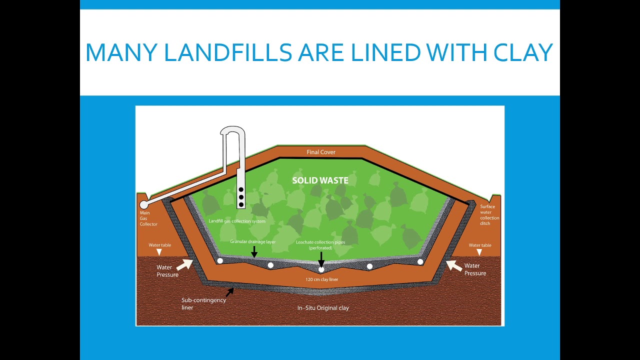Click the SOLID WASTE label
tap(320, 180)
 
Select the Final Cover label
tap(321, 152)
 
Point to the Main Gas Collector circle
tap(144, 204)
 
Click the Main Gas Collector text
tap(148, 218)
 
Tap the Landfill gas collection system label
tap(237, 221)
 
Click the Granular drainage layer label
tap(253, 241)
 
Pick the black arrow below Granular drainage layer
tap(254, 251)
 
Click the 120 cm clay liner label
tap(321, 279)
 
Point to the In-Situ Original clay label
tap(323, 308)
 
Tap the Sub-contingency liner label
tap(203, 303)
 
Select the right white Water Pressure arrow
tap(453, 265)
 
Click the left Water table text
tap(159, 245)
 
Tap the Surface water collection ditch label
tap(489, 215)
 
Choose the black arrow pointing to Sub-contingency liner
tap(230, 290)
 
